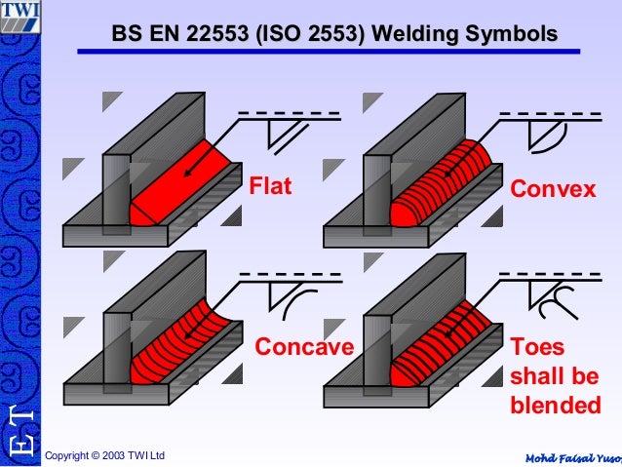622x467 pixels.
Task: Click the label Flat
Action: click(271, 185)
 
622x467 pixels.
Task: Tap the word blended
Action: click(555, 404)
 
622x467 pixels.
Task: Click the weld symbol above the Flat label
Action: click(283, 136)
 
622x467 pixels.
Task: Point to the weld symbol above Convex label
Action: click(542, 136)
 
